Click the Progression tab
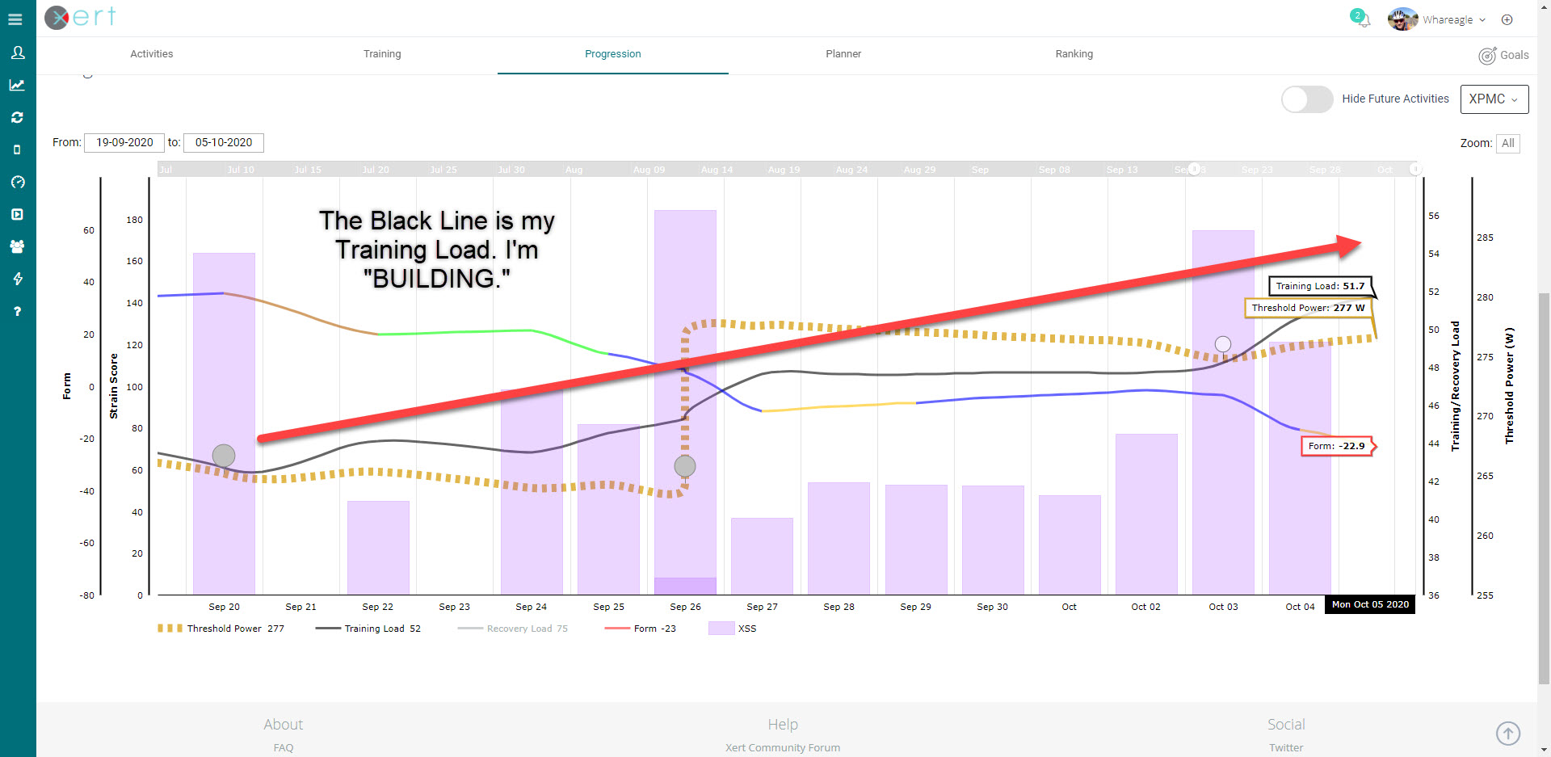pos(612,54)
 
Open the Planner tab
pos(843,54)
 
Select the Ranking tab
pos(1074,54)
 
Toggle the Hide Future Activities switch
pos(1306,99)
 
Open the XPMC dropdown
pos(1494,99)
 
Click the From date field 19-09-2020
pos(124,143)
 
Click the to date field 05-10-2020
pos(224,143)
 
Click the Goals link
pos(1503,55)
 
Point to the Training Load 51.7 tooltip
pos(1320,286)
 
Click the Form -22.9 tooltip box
pos(1336,446)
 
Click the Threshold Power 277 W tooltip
pos(1308,308)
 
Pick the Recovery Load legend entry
pos(527,629)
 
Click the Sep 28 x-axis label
pos(839,607)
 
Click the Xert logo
pos(80,17)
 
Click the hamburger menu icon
pos(15,19)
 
